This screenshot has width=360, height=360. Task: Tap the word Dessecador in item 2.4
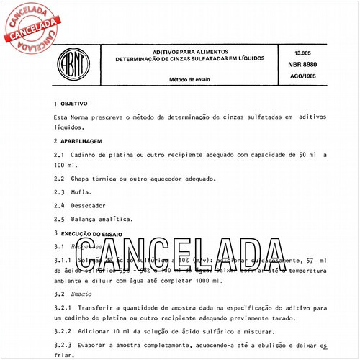91,205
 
